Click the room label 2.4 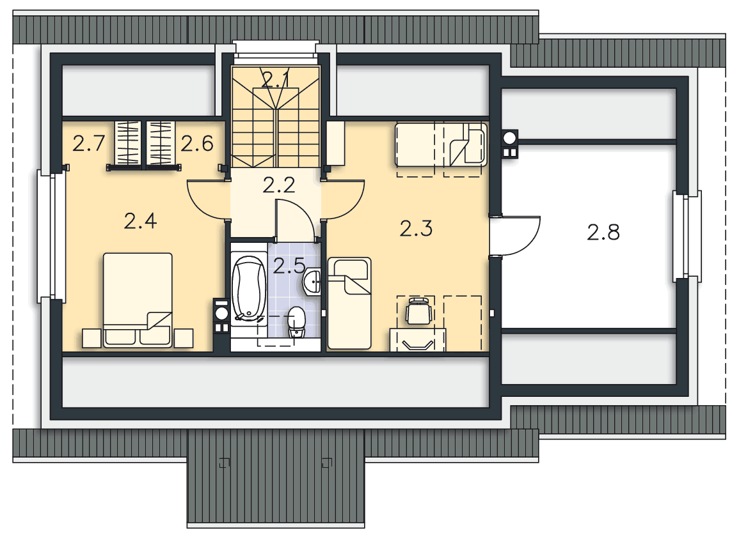[x=140, y=221]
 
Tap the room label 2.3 [x=416, y=228]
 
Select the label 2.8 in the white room [x=603, y=232]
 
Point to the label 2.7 [x=88, y=143]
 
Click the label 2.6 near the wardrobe [x=197, y=143]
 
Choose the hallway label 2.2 [x=279, y=185]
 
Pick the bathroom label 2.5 [x=289, y=266]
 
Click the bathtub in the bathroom [x=249, y=288]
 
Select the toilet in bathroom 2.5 [x=296, y=322]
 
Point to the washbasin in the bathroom [x=312, y=282]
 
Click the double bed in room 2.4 [x=138, y=300]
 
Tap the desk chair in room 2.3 [x=418, y=311]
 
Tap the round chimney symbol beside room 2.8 [x=509, y=138]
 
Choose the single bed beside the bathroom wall [x=349, y=303]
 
